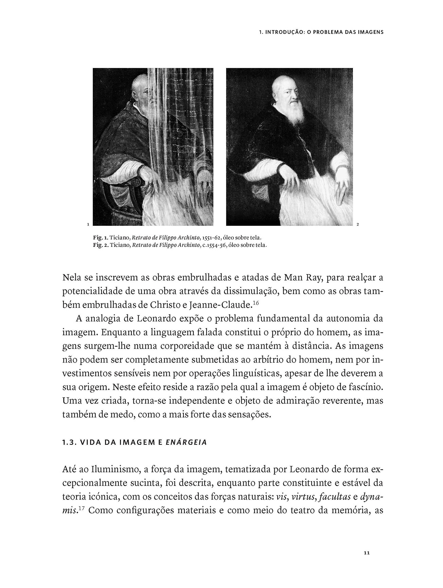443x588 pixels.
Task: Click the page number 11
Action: (366, 553)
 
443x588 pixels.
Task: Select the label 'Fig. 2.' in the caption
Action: (100, 245)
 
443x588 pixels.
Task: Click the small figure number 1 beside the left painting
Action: (88, 224)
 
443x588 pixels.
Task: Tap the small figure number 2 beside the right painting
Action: (358, 224)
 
